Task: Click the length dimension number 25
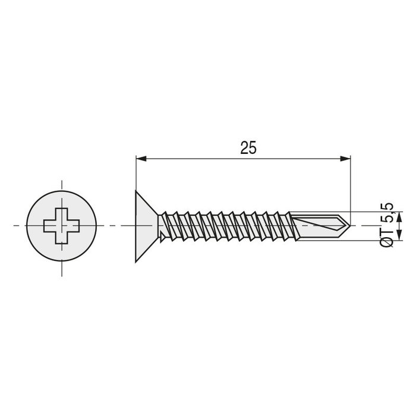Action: [248, 148]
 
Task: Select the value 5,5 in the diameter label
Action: [387, 213]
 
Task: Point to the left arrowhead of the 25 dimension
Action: [141, 159]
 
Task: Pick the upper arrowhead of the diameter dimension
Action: [399, 216]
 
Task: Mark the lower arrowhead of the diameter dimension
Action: [399, 235]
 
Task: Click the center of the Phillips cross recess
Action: [61, 226]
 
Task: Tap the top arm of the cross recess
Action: [61, 214]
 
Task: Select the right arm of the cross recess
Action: [73, 226]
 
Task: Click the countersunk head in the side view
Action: [146, 226]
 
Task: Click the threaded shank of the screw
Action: [232, 226]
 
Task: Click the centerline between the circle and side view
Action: [113, 226]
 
